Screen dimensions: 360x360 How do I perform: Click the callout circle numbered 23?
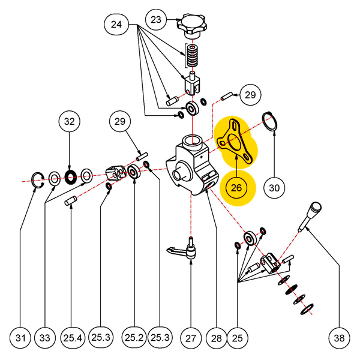pyautogui.click(x=156, y=19)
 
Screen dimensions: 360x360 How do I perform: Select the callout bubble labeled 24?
pyautogui.click(x=116, y=25)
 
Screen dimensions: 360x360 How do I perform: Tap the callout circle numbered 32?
pyautogui.click(x=70, y=121)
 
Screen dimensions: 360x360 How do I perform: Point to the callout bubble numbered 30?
pyautogui.click(x=274, y=187)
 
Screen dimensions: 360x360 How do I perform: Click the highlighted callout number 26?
pyautogui.click(x=236, y=187)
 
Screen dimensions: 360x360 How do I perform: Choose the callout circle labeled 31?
pyautogui.click(x=21, y=338)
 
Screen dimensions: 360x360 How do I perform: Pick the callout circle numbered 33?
pyautogui.click(x=46, y=338)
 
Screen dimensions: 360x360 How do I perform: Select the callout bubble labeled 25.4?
pyautogui.click(x=71, y=338)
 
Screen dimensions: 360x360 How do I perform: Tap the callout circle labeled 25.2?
pyautogui.click(x=134, y=338)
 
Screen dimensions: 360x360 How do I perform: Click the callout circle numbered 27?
pyautogui.click(x=190, y=338)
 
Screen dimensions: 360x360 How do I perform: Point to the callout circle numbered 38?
pyautogui.click(x=339, y=338)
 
